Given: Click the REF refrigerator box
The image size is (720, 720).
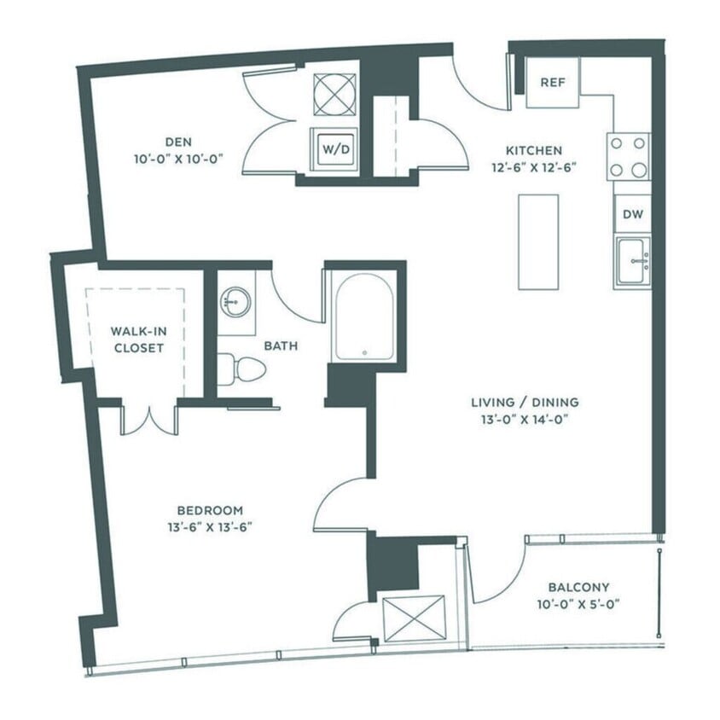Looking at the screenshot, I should (552, 82).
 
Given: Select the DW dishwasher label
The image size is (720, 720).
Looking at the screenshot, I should (632, 214).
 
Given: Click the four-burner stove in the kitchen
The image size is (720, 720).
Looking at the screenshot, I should (628, 156).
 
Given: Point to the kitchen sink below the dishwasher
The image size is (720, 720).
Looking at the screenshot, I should (632, 261).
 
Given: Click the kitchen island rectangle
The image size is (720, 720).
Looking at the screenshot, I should (538, 241).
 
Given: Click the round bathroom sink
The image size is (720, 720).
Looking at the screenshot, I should (235, 300).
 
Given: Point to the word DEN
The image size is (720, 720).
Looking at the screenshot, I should (178, 142).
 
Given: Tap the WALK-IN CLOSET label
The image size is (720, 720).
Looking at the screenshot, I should (136, 340).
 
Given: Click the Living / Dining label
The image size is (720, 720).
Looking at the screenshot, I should (525, 402).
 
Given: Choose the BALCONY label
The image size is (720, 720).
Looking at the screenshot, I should (578, 587).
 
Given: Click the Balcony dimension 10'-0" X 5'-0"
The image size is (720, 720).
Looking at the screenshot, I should (578, 604).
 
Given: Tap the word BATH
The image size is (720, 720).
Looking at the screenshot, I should (280, 345).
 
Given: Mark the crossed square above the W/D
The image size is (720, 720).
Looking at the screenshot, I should (334, 94).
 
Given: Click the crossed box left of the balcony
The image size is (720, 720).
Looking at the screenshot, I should (414, 618).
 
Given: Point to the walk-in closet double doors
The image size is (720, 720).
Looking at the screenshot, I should (150, 419).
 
